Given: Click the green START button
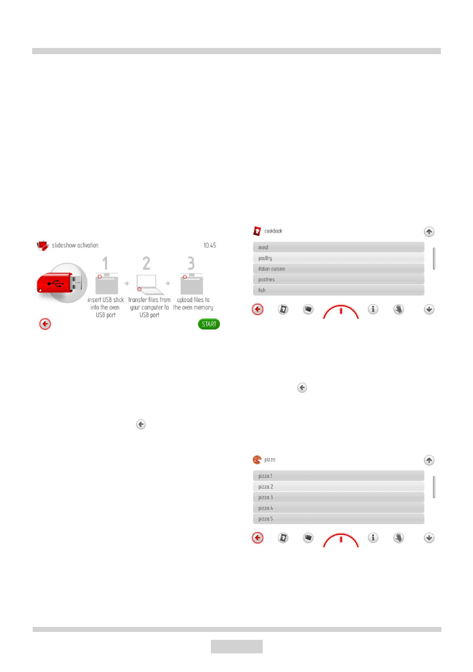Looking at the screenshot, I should click(209, 324).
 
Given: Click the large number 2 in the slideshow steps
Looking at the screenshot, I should click(147, 263).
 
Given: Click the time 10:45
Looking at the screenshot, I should click(210, 245).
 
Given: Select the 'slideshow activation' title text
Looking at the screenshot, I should click(75, 245).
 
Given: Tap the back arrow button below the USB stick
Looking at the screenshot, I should click(46, 324).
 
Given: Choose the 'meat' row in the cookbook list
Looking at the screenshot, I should click(337, 247).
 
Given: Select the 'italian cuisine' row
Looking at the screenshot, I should click(337, 269).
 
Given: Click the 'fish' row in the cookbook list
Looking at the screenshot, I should click(337, 290).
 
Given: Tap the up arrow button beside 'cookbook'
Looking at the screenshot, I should click(429, 231).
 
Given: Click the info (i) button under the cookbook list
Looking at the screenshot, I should click(373, 309).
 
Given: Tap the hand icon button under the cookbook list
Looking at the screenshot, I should click(399, 309).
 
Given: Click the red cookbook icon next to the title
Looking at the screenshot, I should click(257, 231).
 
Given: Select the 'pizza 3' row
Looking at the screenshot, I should click(337, 497).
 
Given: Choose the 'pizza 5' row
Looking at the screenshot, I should click(337, 519).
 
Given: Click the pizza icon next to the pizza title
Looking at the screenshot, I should click(257, 460).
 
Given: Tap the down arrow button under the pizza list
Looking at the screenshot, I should click(429, 538).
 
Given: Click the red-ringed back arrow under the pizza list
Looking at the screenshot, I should click(258, 538).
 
